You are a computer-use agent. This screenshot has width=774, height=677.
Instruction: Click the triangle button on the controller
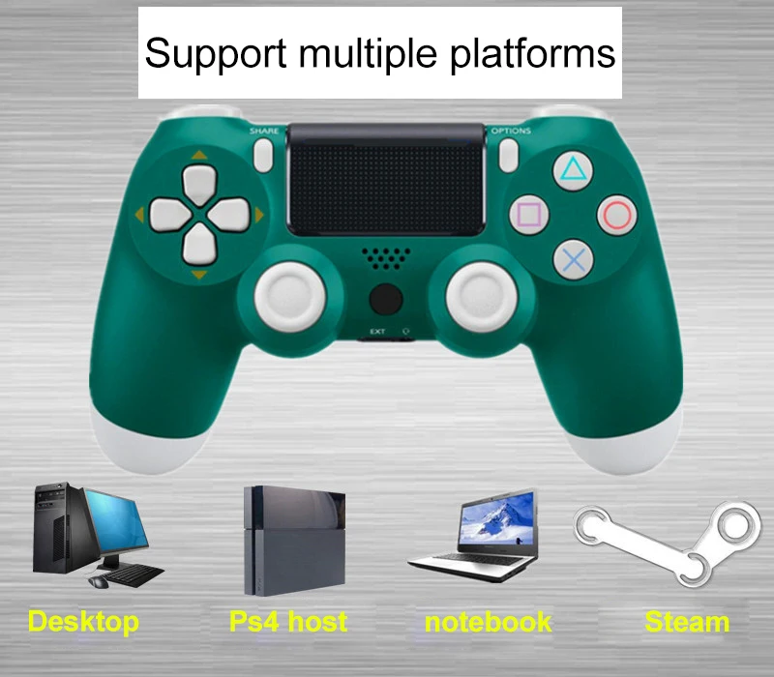tap(573, 170)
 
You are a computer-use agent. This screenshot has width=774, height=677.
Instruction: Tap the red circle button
tap(617, 215)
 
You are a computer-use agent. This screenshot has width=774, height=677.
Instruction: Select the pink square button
tap(529, 215)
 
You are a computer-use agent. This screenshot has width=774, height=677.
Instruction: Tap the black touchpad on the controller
tap(386, 180)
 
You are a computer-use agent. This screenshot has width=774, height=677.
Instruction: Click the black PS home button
tap(385, 299)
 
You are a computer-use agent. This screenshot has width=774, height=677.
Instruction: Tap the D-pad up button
tap(199, 185)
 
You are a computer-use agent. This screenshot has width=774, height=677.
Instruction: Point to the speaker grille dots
tap(386, 258)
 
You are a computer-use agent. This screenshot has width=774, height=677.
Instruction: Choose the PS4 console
tap(294, 541)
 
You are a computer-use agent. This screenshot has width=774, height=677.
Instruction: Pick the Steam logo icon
tap(668, 543)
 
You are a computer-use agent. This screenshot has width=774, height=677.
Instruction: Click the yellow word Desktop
tap(83, 622)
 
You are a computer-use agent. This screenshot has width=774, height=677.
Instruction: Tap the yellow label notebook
tap(488, 622)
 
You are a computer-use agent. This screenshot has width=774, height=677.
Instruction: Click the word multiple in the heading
tap(368, 53)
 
